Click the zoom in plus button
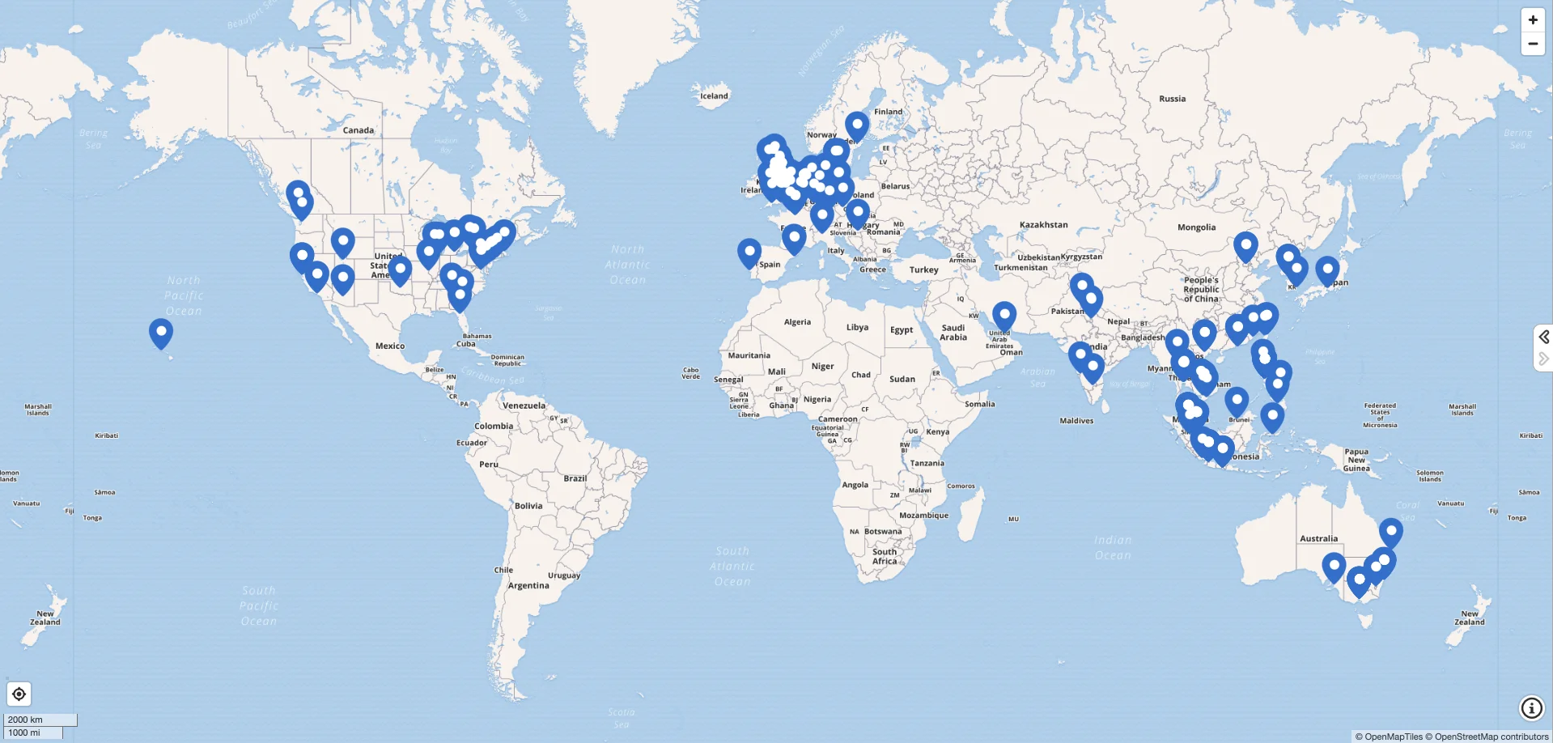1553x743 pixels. tap(1533, 20)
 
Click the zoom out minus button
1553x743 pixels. tap(1533, 44)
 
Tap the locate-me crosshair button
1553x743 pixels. tap(19, 694)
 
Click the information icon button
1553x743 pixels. tap(1531, 708)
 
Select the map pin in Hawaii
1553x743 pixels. tap(161, 332)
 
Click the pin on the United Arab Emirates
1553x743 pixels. tap(1004, 315)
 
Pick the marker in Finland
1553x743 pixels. tap(857, 125)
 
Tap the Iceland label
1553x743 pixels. tap(714, 96)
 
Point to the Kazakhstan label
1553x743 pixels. tap(1043, 225)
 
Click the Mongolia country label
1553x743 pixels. tap(1196, 227)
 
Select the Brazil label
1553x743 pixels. tap(575, 478)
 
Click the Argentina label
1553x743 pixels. tap(528, 585)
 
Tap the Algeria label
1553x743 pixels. tap(797, 322)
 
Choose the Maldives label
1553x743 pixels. tap(1076, 421)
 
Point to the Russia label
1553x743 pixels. tap(1172, 99)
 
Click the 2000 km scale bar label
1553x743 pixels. tap(25, 720)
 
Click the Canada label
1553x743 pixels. tap(358, 130)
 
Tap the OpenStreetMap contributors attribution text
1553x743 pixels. tap(1491, 737)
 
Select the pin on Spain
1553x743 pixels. tap(749, 252)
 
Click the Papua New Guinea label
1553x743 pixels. tap(1356, 460)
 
